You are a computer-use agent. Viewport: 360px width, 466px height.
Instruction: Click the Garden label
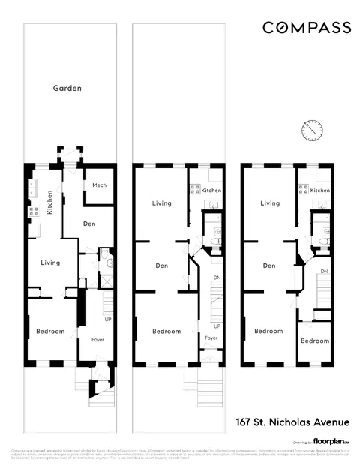(67, 88)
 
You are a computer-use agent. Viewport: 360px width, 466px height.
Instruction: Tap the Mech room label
(99, 185)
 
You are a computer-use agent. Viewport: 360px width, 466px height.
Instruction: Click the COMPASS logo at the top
(306, 28)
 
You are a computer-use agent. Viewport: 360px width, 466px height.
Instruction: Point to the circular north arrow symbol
(311, 131)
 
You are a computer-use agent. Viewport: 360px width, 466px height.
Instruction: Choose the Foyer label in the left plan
(97, 340)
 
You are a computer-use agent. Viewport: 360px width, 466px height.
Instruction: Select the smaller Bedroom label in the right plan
(315, 341)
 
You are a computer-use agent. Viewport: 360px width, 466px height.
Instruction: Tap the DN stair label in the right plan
(324, 271)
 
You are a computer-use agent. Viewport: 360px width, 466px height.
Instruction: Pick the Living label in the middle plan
(162, 203)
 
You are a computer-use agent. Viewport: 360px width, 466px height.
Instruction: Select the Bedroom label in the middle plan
(166, 332)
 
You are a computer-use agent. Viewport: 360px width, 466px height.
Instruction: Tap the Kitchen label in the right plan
(320, 191)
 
